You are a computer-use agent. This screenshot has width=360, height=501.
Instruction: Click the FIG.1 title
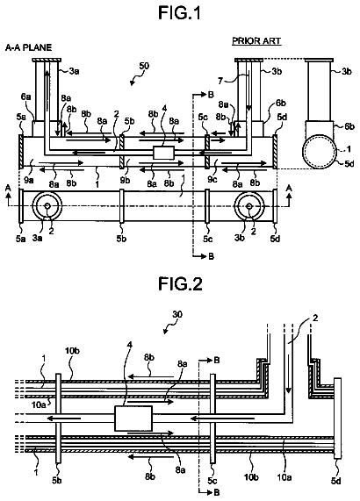[180, 13]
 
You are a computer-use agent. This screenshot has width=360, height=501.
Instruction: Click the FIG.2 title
[180, 283]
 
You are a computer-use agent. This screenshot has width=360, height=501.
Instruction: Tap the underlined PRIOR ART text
[256, 41]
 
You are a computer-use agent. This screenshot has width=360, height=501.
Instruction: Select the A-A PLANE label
[28, 47]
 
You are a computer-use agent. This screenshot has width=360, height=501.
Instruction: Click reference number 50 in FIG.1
[144, 66]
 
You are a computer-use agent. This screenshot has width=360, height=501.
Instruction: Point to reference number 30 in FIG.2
[177, 314]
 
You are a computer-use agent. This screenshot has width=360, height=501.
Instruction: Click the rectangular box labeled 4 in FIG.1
[163, 153]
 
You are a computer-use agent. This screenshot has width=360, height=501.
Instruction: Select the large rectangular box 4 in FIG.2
[133, 419]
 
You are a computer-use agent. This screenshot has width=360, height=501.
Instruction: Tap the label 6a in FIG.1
[25, 97]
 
